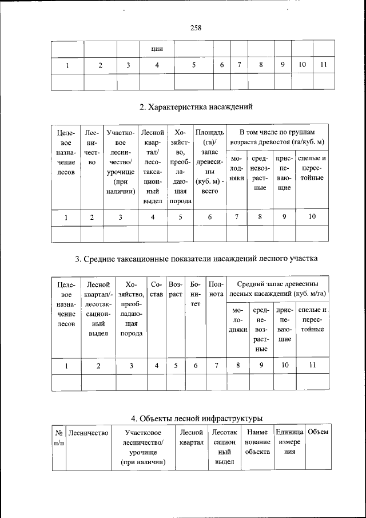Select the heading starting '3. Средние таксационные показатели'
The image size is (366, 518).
(x=196, y=259)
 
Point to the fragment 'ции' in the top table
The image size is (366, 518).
(x=157, y=49)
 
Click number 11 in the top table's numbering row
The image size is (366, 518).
(x=323, y=65)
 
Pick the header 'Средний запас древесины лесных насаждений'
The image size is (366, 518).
(x=277, y=288)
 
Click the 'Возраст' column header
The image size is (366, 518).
(x=176, y=288)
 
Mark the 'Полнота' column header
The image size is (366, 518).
(x=216, y=288)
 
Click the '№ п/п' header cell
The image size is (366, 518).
(x=59, y=438)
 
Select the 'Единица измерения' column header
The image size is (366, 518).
(x=289, y=442)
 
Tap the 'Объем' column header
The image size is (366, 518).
(x=318, y=432)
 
